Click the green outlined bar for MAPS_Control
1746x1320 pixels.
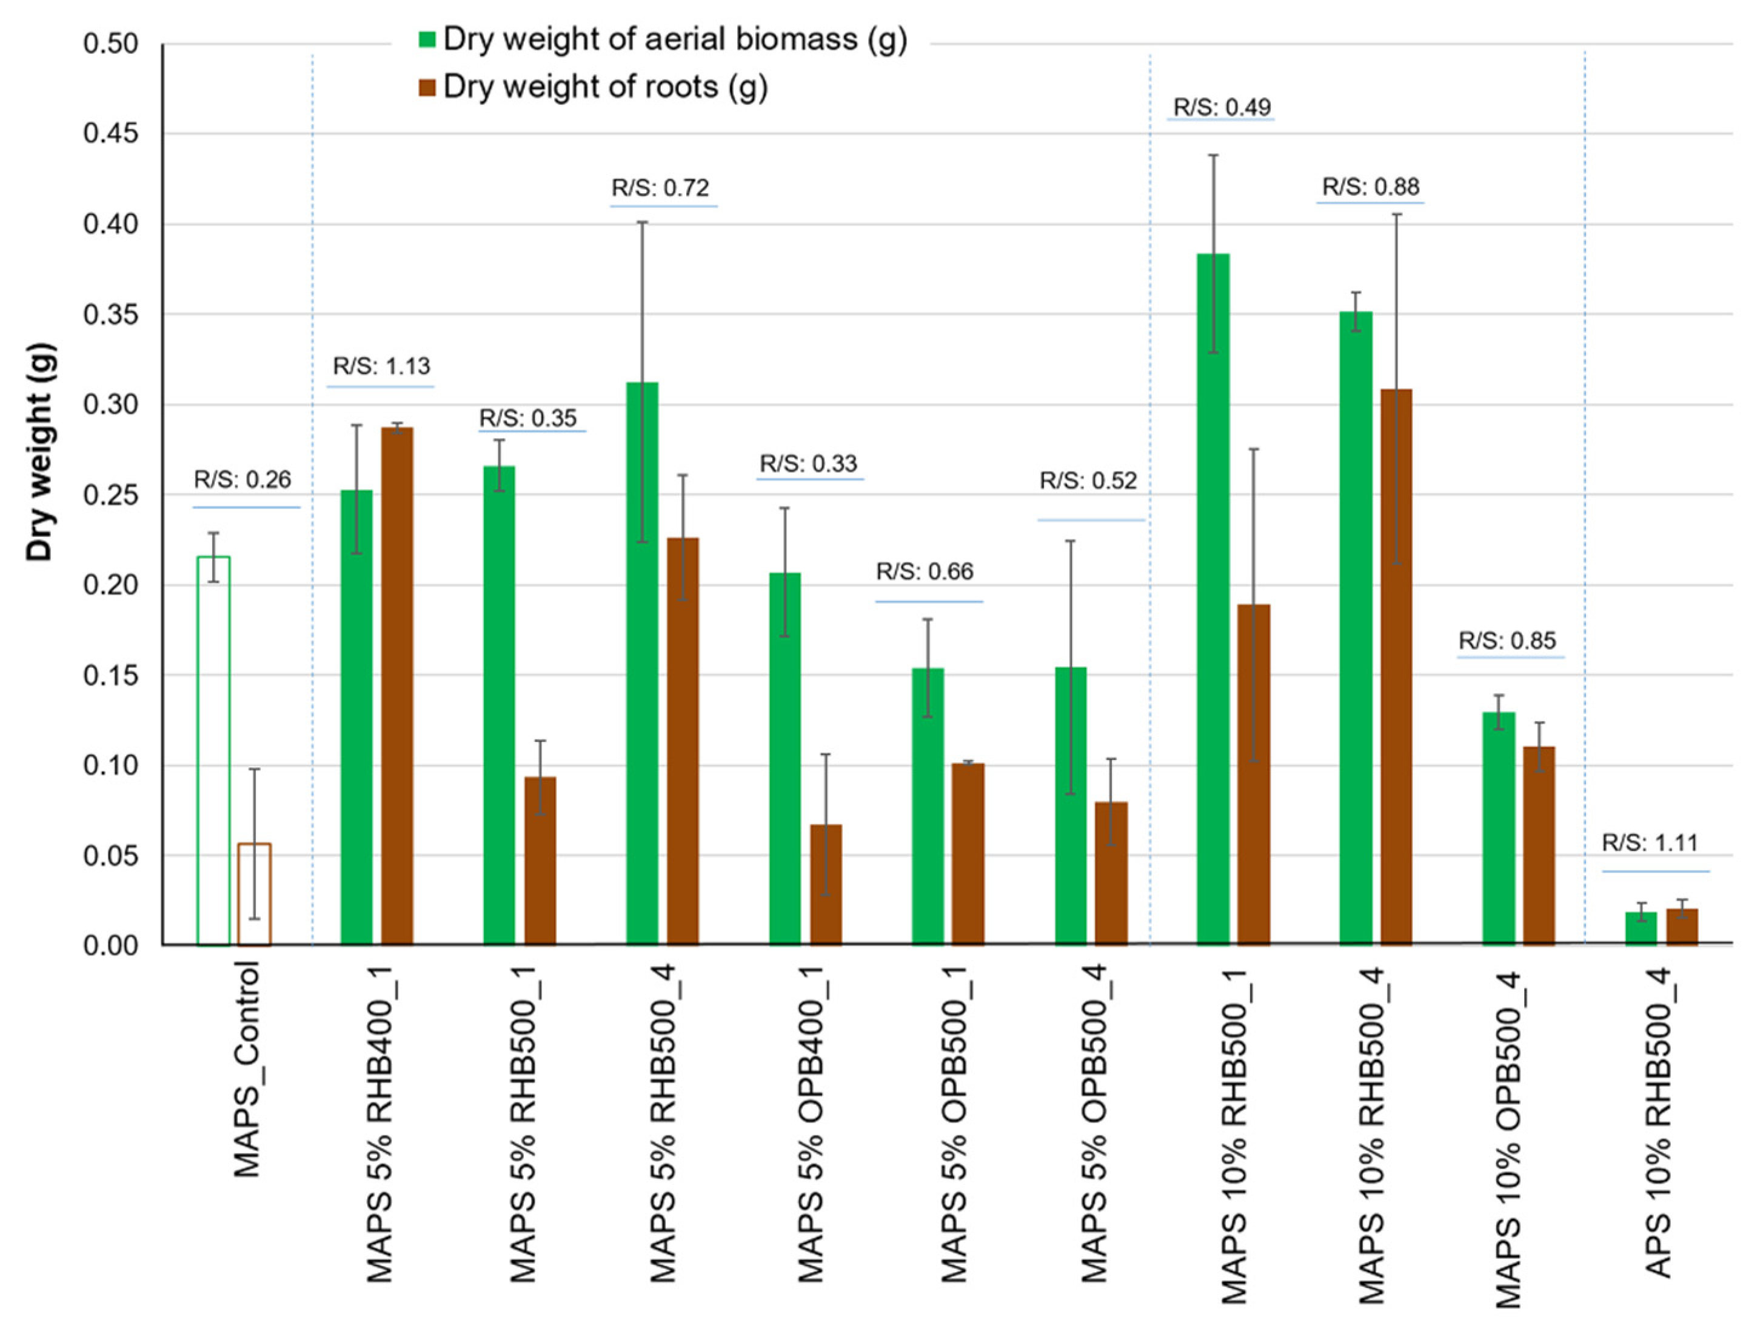(x=213, y=750)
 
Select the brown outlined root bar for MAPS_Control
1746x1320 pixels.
(x=254, y=894)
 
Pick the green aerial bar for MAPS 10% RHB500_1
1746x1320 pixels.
(x=1213, y=599)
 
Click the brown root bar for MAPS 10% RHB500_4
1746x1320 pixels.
(x=1396, y=667)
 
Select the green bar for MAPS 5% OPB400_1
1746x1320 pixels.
(x=784, y=758)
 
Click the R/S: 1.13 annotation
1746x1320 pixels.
(x=381, y=366)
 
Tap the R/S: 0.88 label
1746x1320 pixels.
(x=1370, y=187)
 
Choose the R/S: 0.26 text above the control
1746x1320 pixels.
(x=242, y=480)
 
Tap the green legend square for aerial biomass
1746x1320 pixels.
(x=427, y=39)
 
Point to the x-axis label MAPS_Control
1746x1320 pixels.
(x=247, y=1070)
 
